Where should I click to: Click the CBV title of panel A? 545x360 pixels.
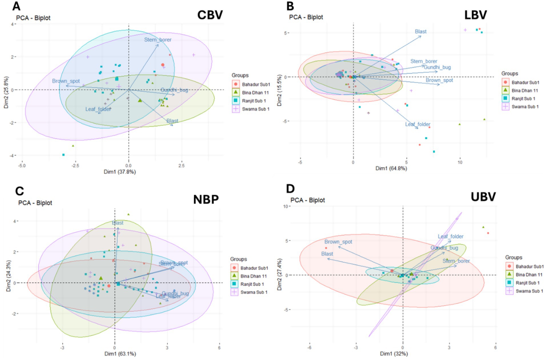click(210, 15)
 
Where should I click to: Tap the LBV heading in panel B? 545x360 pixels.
click(475, 15)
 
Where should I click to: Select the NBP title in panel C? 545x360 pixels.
click(206, 199)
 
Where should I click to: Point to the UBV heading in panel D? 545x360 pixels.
click(483, 197)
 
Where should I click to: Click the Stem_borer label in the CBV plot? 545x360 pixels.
click(158, 40)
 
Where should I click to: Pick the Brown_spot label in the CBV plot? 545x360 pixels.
click(66, 81)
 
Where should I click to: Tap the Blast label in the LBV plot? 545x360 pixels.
click(420, 31)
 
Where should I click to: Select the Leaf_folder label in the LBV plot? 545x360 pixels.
click(418, 124)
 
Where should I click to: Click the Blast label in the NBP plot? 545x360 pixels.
click(118, 223)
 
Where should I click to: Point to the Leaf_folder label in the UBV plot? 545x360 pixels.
click(450, 237)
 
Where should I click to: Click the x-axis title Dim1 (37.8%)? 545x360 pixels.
click(120, 172)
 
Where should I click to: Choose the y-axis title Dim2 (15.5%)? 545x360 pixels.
click(279, 91)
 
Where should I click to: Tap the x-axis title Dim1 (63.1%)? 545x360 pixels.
click(120, 354)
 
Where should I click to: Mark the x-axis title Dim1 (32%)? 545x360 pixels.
click(394, 354)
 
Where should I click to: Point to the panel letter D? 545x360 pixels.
click(290, 189)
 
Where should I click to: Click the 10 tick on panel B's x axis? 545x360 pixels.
click(460, 162)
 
